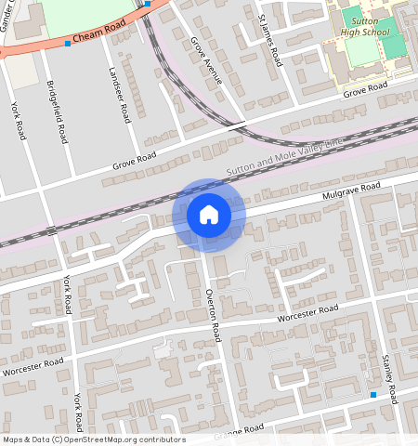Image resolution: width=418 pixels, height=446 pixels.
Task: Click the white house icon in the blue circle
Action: (x=209, y=215)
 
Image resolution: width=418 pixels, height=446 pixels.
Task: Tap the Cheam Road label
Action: (x=98, y=35)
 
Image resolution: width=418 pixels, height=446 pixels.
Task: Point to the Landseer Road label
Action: (x=120, y=95)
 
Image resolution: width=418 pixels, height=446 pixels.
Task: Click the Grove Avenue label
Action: (x=207, y=61)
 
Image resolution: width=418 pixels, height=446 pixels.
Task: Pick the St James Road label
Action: (x=270, y=41)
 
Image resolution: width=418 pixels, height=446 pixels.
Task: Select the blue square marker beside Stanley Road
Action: (x=373, y=395)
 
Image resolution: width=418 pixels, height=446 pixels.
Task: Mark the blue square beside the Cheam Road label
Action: (x=67, y=43)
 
